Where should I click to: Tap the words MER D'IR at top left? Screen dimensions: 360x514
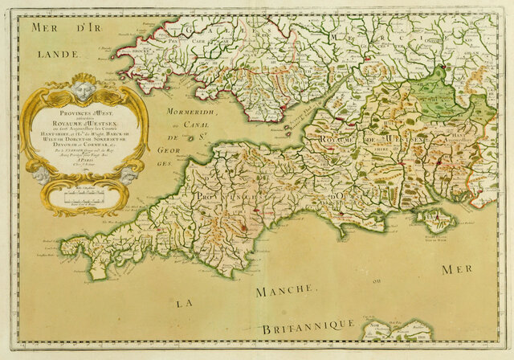tap(58, 28)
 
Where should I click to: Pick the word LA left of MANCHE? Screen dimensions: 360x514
tap(186, 302)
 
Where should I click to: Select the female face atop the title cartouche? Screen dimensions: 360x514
tap(87, 84)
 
